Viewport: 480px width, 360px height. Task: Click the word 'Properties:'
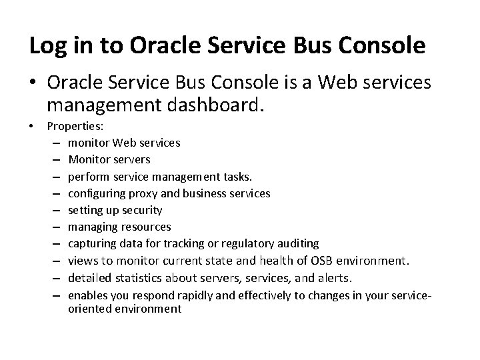[x=76, y=126]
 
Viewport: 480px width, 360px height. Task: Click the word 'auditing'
[x=297, y=244]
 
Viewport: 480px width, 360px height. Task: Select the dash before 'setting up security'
[x=54, y=210]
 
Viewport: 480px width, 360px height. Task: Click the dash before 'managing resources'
[x=54, y=227]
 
